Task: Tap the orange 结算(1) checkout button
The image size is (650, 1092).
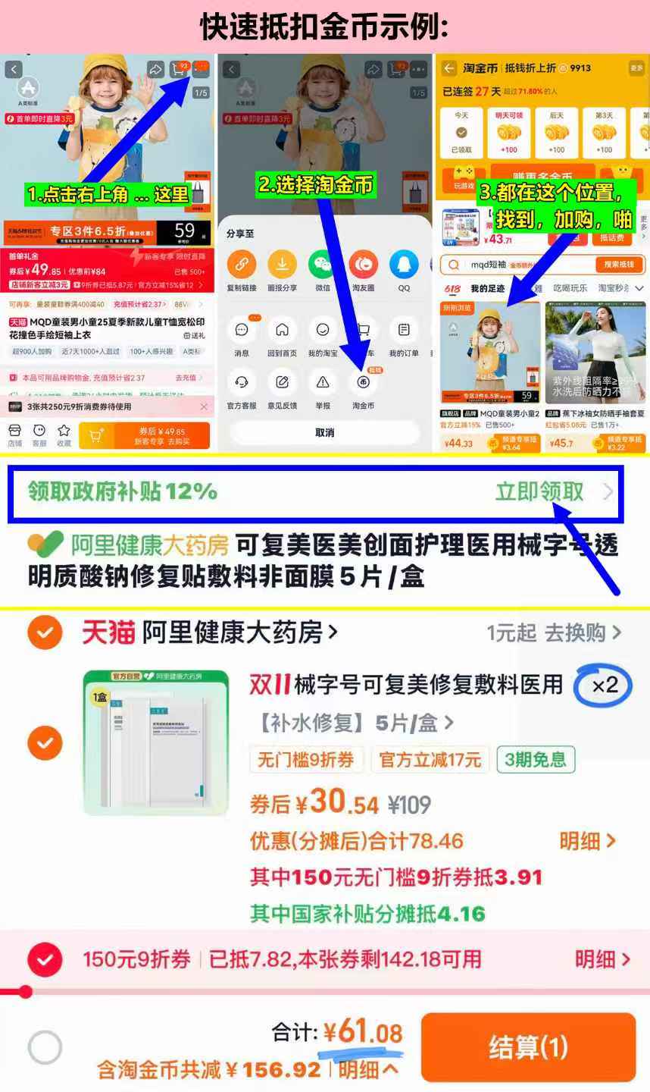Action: (527, 1047)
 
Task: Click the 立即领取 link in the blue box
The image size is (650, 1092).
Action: (539, 491)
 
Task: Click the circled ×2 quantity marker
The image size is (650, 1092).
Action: (604, 686)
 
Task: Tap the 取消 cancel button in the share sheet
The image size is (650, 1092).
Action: (324, 432)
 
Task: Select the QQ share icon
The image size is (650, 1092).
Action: (404, 265)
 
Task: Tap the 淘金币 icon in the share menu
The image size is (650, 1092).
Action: (363, 383)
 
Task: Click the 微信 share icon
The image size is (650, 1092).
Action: (323, 265)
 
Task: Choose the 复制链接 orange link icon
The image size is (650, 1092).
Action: (242, 265)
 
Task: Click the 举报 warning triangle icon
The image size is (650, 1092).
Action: (323, 383)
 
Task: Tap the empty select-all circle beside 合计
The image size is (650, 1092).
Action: (45, 1048)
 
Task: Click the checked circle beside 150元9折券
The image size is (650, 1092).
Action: (45, 960)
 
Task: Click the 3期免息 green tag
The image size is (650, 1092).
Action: (536, 759)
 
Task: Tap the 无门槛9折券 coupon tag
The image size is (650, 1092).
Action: (306, 759)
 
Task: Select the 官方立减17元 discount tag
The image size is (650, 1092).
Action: (430, 759)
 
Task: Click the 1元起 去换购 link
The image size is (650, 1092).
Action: (553, 632)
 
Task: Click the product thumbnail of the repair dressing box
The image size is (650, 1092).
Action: (156, 742)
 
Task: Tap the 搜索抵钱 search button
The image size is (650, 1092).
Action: (618, 265)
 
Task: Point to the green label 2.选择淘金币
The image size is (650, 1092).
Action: (316, 185)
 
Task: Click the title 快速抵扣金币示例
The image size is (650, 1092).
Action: (324, 27)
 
